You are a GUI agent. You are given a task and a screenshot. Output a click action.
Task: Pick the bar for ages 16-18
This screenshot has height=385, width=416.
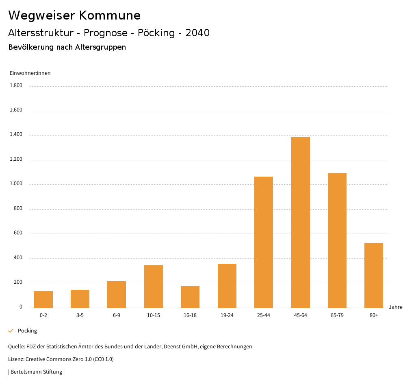(x=190, y=297)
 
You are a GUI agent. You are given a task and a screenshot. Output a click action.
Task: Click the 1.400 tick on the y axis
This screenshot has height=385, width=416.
(x=16, y=135)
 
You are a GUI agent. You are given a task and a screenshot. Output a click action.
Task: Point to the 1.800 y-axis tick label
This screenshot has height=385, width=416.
(x=16, y=85)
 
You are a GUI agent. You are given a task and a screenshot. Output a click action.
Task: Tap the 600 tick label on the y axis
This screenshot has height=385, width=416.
(x=18, y=233)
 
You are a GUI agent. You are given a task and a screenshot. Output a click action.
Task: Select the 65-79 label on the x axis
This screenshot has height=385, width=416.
(x=337, y=315)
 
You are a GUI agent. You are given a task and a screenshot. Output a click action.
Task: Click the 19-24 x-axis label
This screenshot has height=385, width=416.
(x=227, y=315)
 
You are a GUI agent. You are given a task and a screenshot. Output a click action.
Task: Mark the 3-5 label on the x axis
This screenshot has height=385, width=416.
(x=80, y=315)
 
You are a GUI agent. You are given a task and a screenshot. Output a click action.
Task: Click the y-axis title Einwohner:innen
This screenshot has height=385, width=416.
(x=30, y=73)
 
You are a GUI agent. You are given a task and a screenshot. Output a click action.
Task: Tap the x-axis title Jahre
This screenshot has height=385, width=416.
(x=396, y=307)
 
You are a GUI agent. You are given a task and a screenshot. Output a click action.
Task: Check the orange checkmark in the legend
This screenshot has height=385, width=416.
(x=11, y=331)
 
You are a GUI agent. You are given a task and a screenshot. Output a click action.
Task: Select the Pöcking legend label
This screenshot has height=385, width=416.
(x=27, y=331)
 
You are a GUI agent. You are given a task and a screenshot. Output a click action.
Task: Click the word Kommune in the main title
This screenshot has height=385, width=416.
(x=110, y=15)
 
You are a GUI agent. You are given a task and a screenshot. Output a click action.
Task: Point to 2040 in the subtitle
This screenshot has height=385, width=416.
(x=197, y=33)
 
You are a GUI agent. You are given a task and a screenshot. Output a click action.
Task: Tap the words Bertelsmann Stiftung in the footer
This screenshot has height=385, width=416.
(x=36, y=372)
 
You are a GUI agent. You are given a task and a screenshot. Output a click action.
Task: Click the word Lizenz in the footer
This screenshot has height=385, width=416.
(x=16, y=359)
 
